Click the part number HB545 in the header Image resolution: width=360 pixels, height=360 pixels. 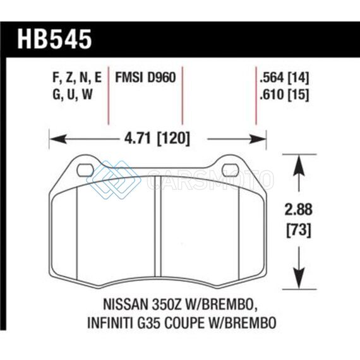[x=55, y=39]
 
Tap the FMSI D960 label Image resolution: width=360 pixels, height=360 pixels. [x=145, y=77]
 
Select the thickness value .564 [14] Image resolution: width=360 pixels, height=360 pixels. [x=284, y=78]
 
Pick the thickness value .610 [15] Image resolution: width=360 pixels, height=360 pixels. [x=284, y=95]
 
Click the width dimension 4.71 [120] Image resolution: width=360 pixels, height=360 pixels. [x=157, y=139]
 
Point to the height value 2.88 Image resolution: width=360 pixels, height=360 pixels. [x=299, y=210]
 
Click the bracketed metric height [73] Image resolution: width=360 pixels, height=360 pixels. [x=299, y=230]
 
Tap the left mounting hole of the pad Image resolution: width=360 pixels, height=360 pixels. [x=85, y=171]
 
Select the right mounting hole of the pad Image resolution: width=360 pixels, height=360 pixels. [x=231, y=171]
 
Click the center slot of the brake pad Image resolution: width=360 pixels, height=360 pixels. [x=158, y=226]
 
